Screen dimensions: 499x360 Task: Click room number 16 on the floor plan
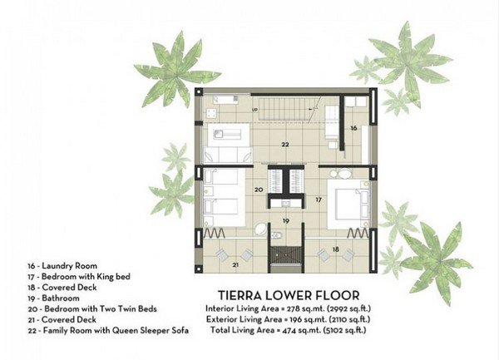point(353,128)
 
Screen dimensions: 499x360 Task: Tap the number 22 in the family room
point(285,145)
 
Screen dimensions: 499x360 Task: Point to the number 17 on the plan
point(319,200)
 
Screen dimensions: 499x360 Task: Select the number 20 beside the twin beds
point(259,190)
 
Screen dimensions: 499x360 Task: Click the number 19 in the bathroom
point(286,221)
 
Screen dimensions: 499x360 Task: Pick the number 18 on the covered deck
point(336,249)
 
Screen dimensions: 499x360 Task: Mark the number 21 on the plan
point(235,264)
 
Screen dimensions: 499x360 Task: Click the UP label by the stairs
point(254,110)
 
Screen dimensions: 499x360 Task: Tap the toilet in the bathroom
point(277,235)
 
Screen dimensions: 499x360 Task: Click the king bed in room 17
point(348,205)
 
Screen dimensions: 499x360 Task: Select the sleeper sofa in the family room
point(228,155)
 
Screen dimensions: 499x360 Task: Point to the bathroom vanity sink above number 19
point(286,203)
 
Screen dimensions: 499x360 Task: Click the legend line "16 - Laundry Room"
point(62,266)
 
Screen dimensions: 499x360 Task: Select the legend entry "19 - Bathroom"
point(53,298)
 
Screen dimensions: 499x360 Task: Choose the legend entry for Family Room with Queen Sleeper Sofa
point(108,331)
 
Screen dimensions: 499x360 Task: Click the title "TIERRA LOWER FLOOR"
point(289,295)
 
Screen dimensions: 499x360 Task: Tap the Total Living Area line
point(289,330)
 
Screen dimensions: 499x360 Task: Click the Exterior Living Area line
point(289,319)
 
